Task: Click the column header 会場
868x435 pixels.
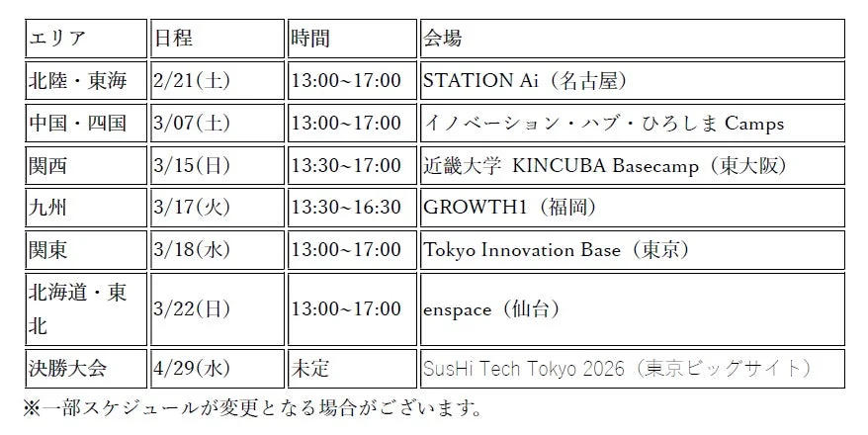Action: click(442, 39)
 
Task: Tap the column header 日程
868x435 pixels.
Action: click(173, 39)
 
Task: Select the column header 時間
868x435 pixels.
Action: click(309, 39)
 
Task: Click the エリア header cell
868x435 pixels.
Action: click(58, 39)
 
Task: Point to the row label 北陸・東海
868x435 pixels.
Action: click(78, 81)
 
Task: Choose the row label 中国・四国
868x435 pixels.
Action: click(78, 124)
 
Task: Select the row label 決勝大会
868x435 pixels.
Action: click(64, 369)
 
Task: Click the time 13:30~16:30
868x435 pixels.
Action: click(345, 208)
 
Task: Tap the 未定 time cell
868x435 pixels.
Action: click(309, 369)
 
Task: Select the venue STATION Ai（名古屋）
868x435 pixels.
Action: click(525, 81)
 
